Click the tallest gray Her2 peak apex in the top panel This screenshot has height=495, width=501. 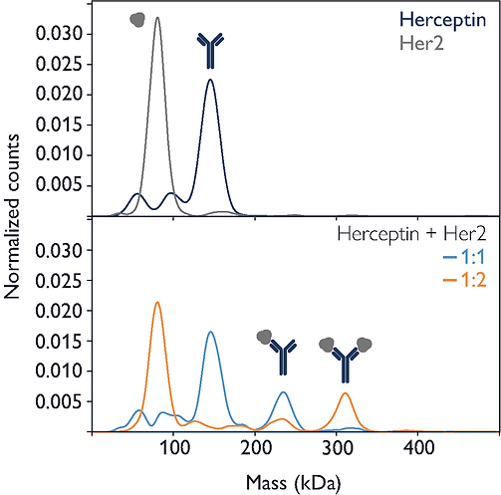tap(157, 17)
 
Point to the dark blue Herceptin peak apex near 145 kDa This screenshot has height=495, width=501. tap(210, 80)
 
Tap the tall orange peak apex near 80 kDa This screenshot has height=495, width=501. tap(157, 303)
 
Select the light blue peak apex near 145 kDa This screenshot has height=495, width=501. tap(210, 332)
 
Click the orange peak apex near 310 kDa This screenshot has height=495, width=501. tap(346, 392)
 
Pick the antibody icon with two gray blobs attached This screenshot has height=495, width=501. tap(346, 357)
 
